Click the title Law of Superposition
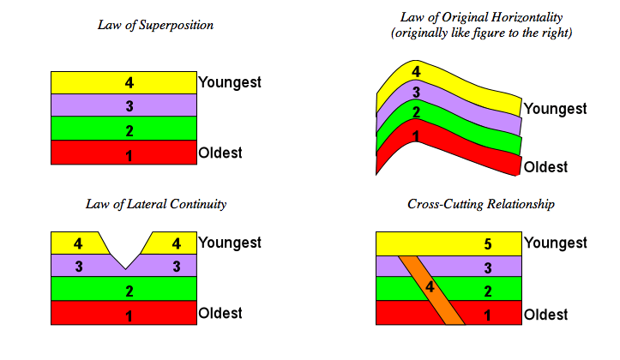[155, 25]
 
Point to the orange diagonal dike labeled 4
[432, 287]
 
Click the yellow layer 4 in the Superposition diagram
[124, 82]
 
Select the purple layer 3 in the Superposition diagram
[124, 105]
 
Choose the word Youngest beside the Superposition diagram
[229, 83]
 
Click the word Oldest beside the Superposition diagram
[220, 153]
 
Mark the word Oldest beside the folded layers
[546, 166]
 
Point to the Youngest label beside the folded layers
[555, 109]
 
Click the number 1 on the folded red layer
[416, 136]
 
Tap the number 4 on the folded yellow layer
[416, 72]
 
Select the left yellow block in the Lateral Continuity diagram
[77, 243]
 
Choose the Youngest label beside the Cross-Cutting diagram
[555, 243]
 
